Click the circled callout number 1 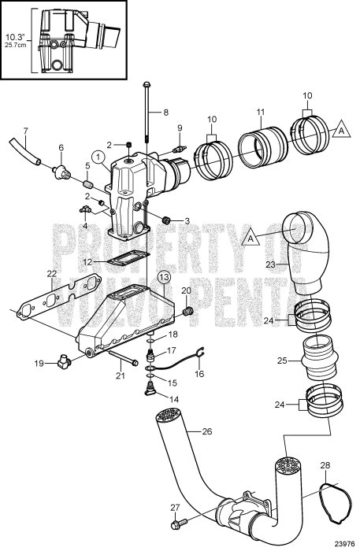pyautogui.click(x=97, y=156)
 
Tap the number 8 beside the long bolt pyautogui.click(x=165, y=113)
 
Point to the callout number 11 pyautogui.click(x=262, y=113)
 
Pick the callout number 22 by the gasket pyautogui.click(x=51, y=273)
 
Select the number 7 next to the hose pyautogui.click(x=24, y=130)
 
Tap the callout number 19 pyautogui.click(x=39, y=364)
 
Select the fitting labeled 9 pyautogui.click(x=180, y=146)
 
